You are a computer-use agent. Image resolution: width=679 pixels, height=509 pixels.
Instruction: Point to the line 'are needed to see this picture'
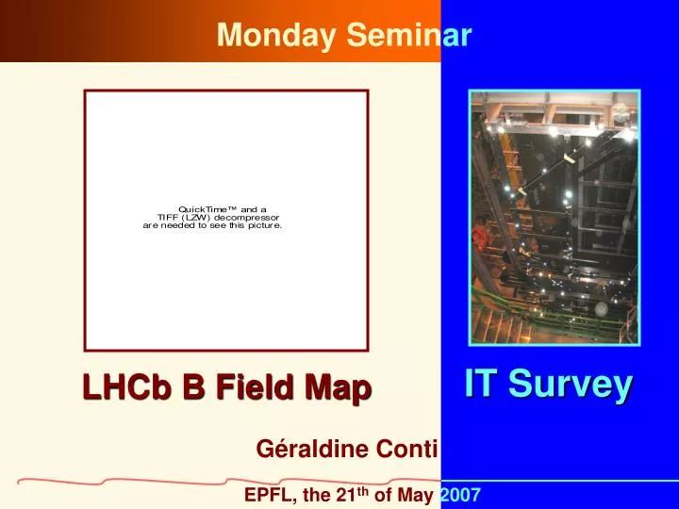point(212,226)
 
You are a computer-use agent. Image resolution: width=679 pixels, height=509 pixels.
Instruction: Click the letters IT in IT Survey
point(481,384)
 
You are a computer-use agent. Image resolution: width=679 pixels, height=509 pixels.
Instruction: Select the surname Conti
point(406,451)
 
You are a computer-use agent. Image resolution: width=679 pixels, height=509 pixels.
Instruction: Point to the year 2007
point(460,495)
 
